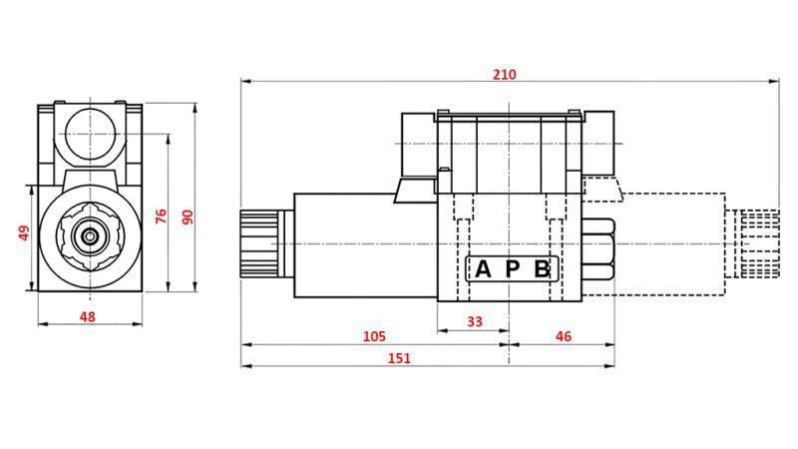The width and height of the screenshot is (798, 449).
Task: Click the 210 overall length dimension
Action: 504,75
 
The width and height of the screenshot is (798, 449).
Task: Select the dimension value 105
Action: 374,337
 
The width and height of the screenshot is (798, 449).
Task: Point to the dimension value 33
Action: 474,321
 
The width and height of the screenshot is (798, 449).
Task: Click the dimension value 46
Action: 563,337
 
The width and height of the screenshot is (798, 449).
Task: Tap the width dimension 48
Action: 88,316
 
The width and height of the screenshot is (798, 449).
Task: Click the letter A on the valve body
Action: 483,269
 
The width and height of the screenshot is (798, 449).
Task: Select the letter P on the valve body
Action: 512,269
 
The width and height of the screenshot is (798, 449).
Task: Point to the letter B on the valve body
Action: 541,269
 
